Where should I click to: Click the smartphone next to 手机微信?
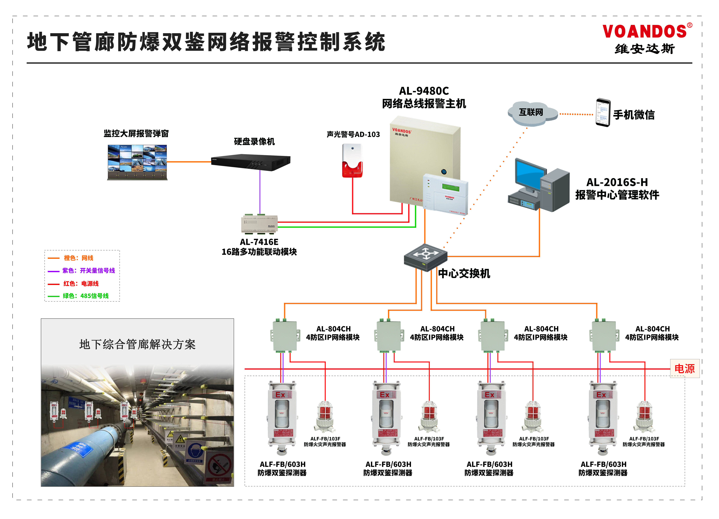[603, 113]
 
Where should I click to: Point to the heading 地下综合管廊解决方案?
[137, 344]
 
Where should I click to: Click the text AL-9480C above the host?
[424, 91]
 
